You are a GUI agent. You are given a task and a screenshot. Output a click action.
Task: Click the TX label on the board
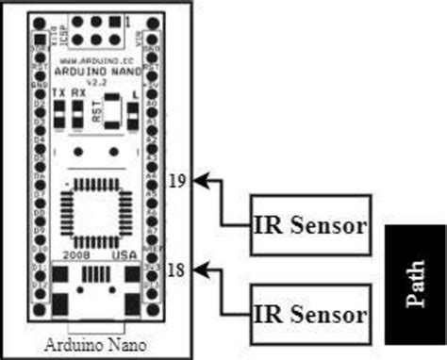click(58, 94)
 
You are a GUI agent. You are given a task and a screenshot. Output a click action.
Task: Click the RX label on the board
click(78, 94)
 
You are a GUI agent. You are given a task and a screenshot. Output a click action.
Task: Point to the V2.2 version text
click(93, 81)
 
